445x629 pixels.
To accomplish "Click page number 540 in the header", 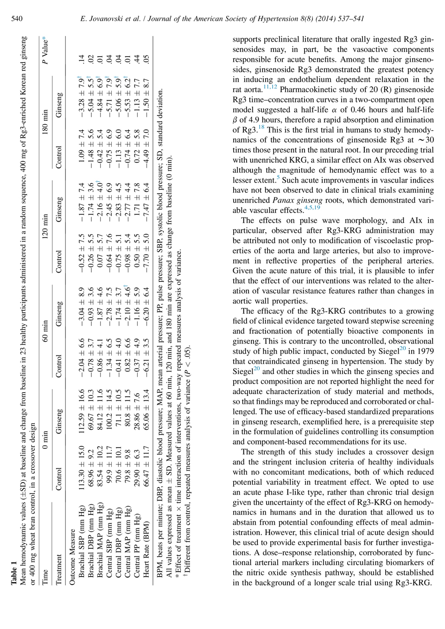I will [x=17, y=19].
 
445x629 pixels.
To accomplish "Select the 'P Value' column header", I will [x=45, y=50].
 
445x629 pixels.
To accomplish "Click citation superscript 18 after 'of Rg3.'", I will [x=261, y=127].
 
